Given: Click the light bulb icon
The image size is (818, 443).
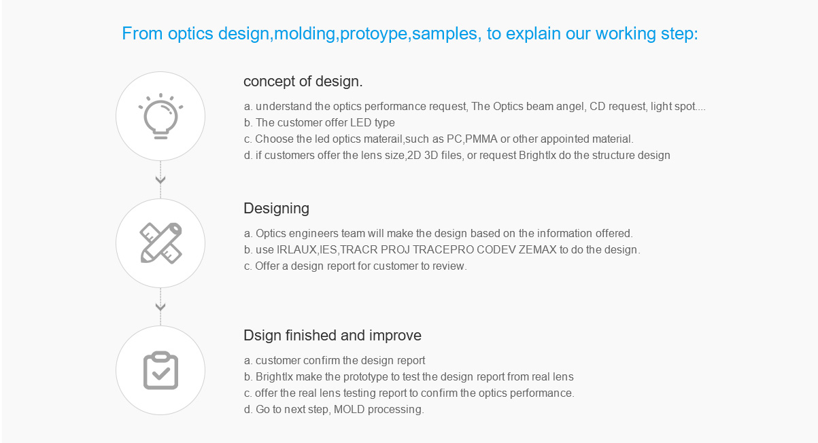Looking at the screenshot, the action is [160, 116].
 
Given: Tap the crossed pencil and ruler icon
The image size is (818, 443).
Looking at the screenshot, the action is [160, 243].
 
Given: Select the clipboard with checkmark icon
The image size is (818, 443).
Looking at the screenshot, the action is [160, 370].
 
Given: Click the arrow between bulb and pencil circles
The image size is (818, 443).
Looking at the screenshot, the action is [160, 179].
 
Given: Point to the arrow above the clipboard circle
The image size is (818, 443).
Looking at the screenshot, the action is [160, 306].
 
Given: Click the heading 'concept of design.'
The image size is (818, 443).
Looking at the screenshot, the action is [303, 82].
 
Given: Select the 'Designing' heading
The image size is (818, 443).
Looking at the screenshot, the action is [277, 209].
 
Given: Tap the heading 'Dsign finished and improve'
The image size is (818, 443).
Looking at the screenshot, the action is [333, 336].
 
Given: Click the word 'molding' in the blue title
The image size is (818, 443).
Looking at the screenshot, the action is [304, 33].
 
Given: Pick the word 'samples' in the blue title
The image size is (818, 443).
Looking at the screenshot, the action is [444, 33].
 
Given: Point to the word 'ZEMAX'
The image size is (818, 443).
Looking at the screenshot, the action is [538, 249].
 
